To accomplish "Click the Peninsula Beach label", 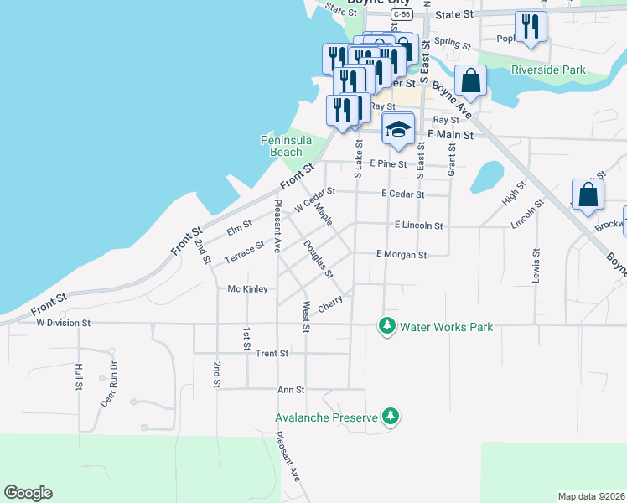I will coord(281,146).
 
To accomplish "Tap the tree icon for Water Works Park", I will coord(386,326).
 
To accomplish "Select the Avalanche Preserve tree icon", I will coord(390,416).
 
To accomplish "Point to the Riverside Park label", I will coord(548,70).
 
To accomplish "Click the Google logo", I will coord(28,493).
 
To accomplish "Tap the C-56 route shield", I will coord(402,15).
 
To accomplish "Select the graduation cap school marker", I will coord(398,129).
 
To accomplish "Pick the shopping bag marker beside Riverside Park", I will coord(471,80).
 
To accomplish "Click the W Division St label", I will coord(62,322).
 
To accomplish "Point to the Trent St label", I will coord(272,354).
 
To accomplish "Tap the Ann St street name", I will coord(290,390).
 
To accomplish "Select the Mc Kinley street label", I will coord(247,289).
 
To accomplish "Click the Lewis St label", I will coord(536,265).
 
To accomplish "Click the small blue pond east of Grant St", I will coord(485,177).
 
